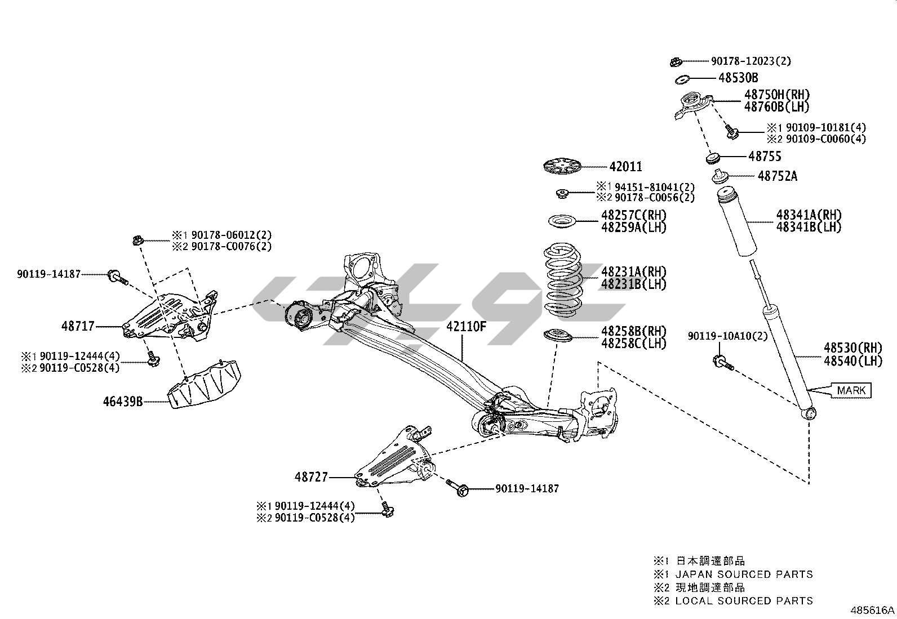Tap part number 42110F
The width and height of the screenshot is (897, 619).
pyautogui.click(x=466, y=326)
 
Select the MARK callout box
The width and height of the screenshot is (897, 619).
pyautogui.click(x=851, y=390)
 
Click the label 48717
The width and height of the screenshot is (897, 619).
pyautogui.click(x=78, y=326)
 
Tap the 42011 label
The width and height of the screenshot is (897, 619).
pyautogui.click(x=625, y=167)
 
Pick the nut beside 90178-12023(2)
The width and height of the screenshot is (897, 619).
pyautogui.click(x=677, y=61)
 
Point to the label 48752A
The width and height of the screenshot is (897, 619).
pyautogui.click(x=778, y=176)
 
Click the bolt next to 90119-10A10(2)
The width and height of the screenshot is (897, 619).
pyautogui.click(x=722, y=362)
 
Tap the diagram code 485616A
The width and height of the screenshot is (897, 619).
pyautogui.click(x=872, y=610)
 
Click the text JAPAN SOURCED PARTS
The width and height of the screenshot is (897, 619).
pyautogui.click(x=744, y=575)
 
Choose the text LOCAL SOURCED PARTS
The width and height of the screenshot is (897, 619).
pyautogui.click(x=744, y=601)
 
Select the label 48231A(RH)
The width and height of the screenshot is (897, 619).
pyautogui.click(x=633, y=271)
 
